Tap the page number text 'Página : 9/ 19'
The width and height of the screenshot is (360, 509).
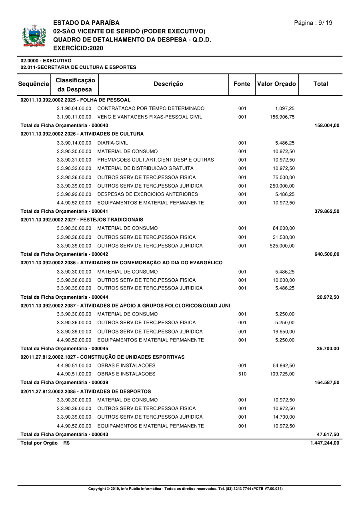[313, 23]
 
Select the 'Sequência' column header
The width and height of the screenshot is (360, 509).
[34, 84]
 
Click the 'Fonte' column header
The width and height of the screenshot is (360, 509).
[242, 84]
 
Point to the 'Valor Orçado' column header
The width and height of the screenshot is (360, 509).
[276, 84]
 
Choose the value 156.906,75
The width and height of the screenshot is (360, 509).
[282, 117]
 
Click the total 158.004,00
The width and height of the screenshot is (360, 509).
[327, 126]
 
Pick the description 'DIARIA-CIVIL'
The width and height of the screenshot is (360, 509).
[112, 143]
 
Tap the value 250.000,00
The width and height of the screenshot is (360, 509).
[282, 186]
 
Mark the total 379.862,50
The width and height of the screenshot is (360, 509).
[327, 211]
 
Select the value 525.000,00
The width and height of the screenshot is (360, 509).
[282, 246]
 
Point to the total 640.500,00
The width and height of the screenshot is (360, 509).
[327, 254]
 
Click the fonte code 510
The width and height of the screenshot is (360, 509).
[242, 374]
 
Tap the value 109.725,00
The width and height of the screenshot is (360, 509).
[282, 374]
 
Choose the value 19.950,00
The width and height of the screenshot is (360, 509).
[284, 331]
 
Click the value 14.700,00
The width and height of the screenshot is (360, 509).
[284, 417]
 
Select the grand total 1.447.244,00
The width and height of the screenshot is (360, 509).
[324, 443]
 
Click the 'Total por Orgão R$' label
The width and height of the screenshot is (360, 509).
[45, 443]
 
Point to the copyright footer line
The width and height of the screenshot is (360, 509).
[185, 489]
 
